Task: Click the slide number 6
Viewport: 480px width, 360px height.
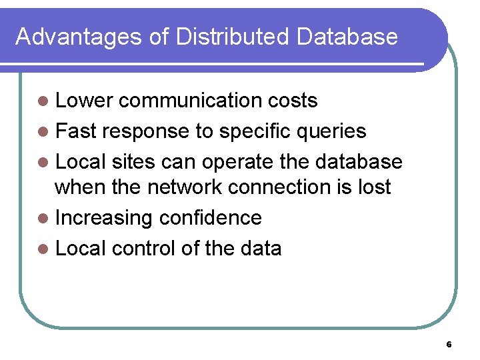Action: pyautogui.click(x=449, y=345)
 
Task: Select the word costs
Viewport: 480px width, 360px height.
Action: pyautogui.click(x=292, y=101)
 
